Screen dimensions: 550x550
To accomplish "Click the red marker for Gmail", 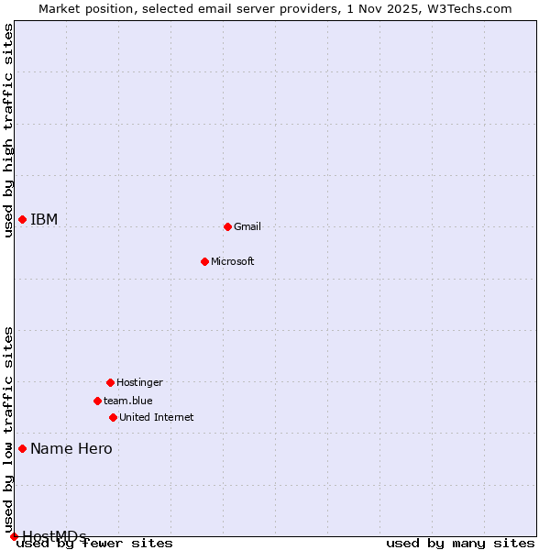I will click(227, 226).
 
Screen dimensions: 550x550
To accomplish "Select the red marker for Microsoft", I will click(205, 261).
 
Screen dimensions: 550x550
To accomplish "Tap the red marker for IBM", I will click(22, 219).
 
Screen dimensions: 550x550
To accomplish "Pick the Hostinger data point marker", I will click(110, 382).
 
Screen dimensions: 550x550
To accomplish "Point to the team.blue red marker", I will click(97, 401).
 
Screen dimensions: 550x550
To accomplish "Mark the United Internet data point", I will click(113, 417).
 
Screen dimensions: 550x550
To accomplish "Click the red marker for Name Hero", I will click(22, 448).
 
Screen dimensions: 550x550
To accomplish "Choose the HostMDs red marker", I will click(14, 536).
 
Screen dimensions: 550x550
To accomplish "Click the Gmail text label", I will click(247, 226).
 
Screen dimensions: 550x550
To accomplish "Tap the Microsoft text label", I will click(233, 261).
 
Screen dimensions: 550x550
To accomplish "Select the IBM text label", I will click(44, 219).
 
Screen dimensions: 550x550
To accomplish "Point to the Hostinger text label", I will click(139, 382).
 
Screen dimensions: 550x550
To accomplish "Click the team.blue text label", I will click(128, 401).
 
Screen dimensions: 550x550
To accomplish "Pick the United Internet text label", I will click(157, 417).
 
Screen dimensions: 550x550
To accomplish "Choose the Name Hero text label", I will click(71, 448).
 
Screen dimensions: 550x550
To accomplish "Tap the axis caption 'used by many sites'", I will click(460, 543).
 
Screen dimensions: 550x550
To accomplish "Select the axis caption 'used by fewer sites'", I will click(94, 543).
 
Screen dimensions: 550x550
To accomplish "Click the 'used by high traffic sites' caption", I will click(8, 130).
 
